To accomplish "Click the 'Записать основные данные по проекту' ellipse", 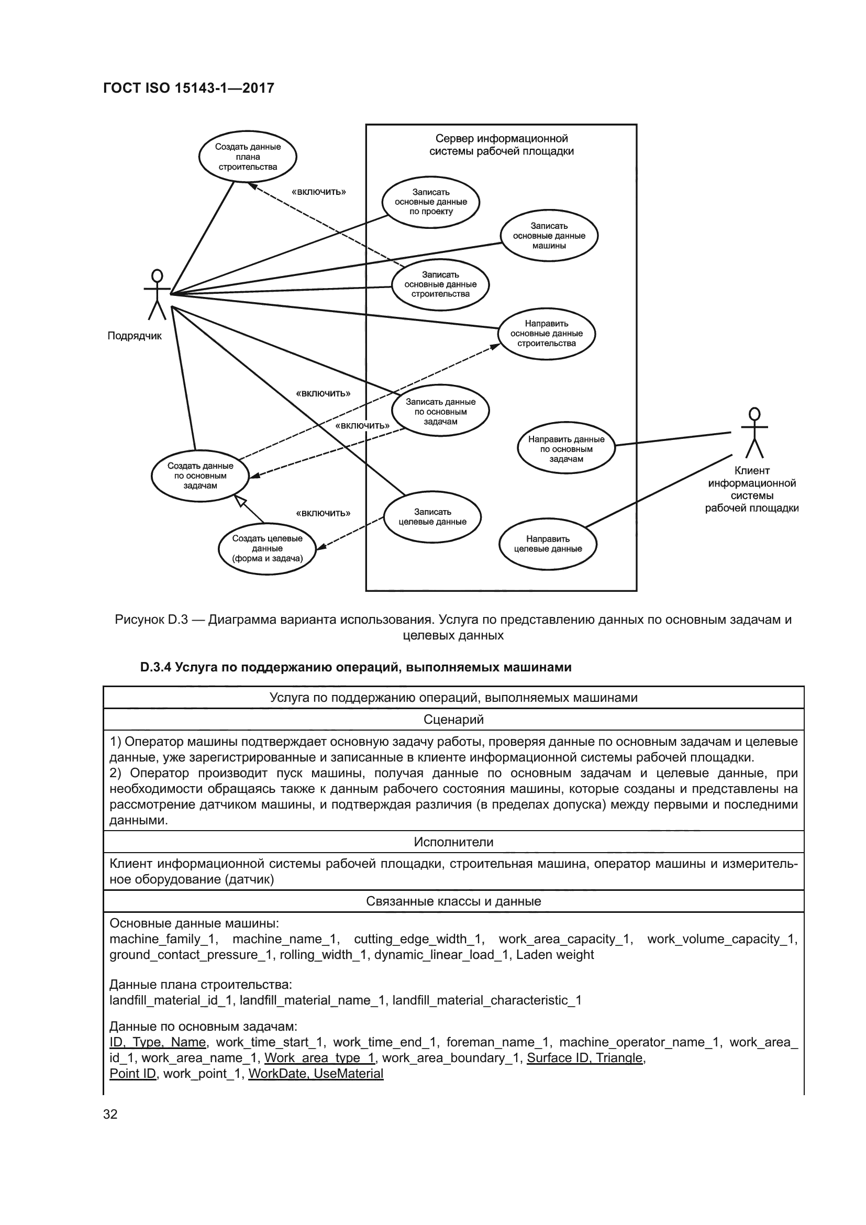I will pos(431,202).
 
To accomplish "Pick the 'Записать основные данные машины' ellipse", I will pos(549,236).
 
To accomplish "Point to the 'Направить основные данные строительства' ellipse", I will pos(546,334).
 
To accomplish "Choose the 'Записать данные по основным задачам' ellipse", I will pos(440,411).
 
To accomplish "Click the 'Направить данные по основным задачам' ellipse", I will pos(566,449).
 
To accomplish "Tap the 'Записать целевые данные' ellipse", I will pos(432,516).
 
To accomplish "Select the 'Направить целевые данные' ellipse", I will pos(548,544).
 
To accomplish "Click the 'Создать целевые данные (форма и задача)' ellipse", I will pos(267,548).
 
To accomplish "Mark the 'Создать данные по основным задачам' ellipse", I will pos(200,476).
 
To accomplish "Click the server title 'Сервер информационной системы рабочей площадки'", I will pos(501,145).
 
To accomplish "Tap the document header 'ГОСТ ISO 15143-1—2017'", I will pos(188,88).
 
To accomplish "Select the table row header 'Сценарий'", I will pos(453,719).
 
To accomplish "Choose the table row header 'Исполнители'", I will pos(453,842).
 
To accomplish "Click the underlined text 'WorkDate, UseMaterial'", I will pos(316,1074).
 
